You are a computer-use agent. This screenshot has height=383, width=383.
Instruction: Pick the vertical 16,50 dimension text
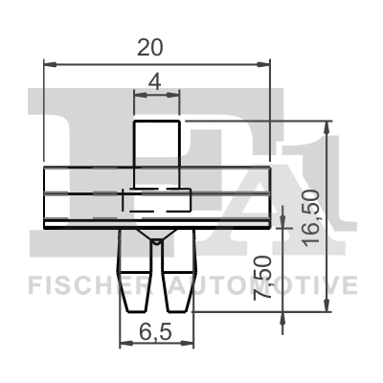(312, 217)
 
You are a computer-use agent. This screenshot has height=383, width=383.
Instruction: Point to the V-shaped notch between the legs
(156, 239)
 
